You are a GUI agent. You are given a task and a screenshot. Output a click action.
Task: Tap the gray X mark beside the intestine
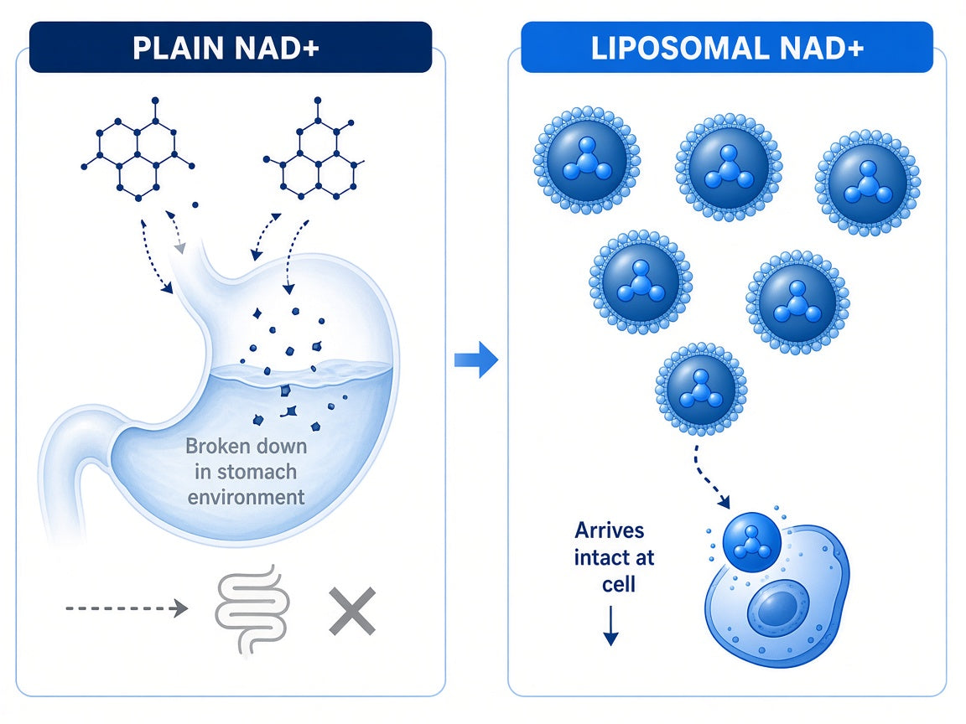[x=352, y=611]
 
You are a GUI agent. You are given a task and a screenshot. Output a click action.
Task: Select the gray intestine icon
[x=252, y=609]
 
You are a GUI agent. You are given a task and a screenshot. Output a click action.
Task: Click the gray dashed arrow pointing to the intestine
[x=127, y=608]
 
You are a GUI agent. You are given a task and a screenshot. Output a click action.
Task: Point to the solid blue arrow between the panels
[x=476, y=359]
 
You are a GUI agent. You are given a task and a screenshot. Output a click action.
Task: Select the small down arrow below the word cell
[x=610, y=625]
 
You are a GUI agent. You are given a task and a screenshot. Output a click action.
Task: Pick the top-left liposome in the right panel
[x=586, y=161]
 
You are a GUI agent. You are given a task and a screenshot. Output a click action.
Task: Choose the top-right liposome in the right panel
[x=867, y=182]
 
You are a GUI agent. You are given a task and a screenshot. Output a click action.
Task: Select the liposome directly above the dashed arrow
[x=701, y=389]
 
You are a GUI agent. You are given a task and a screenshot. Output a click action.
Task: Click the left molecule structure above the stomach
[x=138, y=151]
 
